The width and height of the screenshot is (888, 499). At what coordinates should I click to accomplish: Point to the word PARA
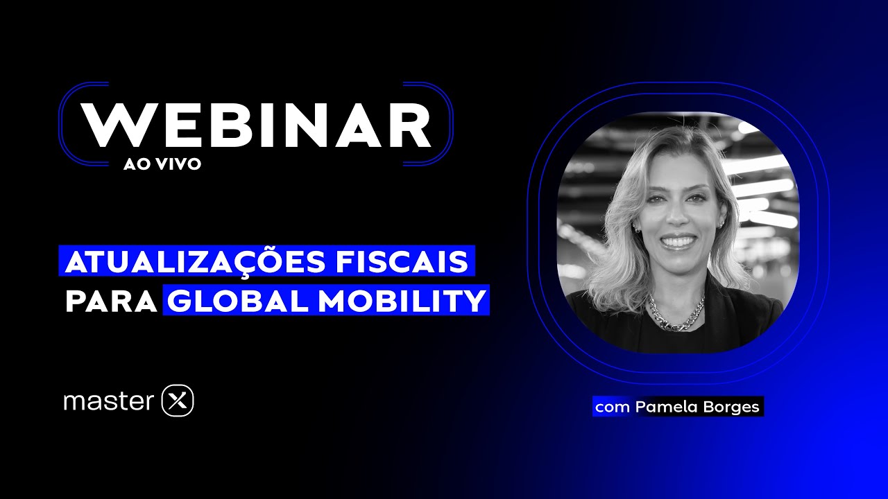111,301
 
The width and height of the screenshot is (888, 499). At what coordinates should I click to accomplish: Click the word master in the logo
108,401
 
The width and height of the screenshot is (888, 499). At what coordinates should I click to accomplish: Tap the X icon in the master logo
177,401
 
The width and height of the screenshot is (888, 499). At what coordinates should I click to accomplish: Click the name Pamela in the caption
663,407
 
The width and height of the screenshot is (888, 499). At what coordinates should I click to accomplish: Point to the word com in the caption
611,408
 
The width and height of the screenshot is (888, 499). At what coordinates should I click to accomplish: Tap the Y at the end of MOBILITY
474,301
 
